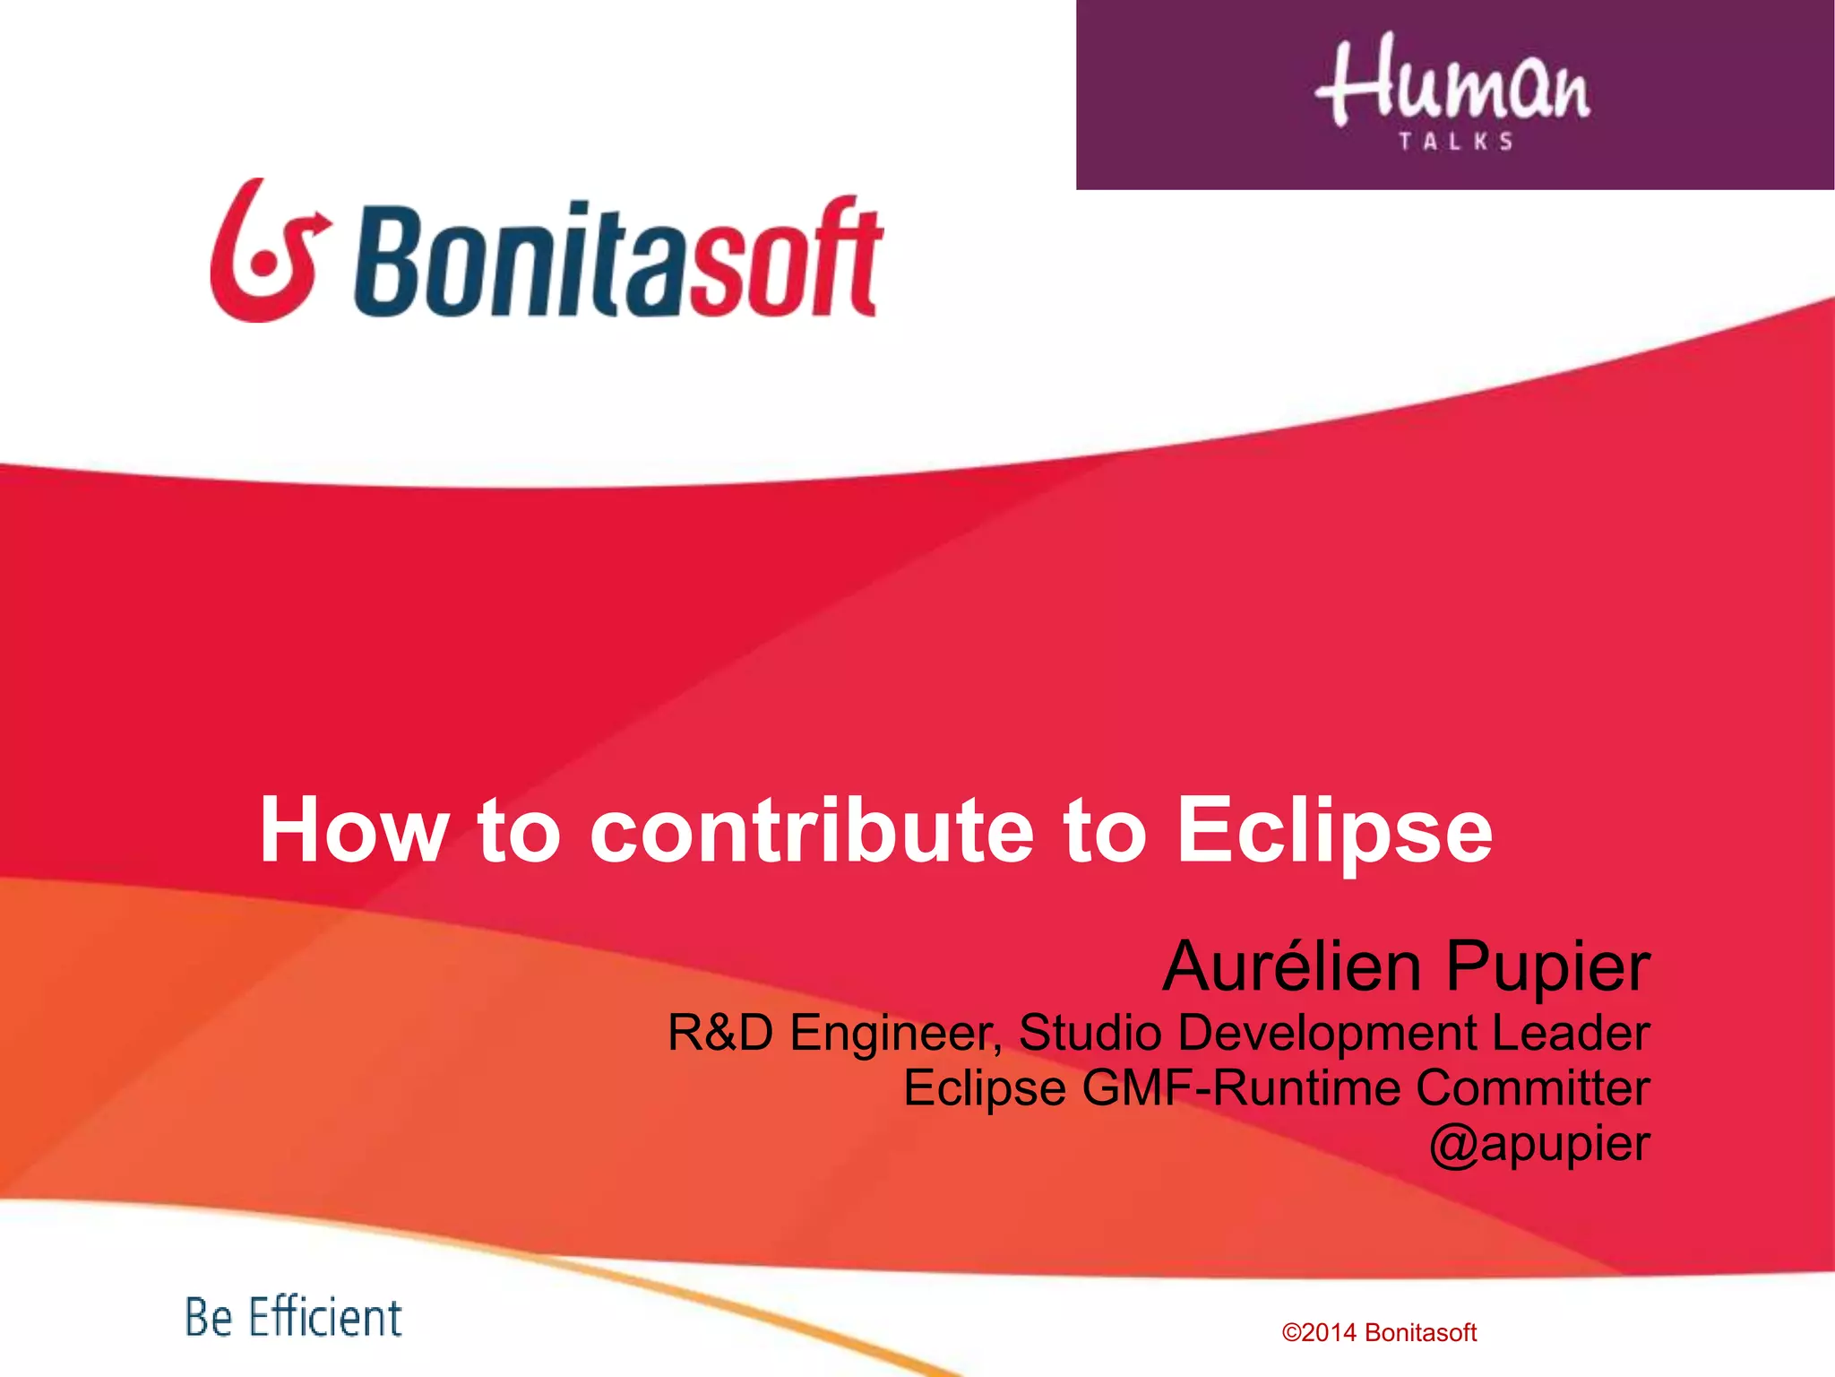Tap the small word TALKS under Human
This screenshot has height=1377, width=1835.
[1456, 142]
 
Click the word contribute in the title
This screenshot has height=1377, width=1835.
[811, 831]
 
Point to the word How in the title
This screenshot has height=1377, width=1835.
[352, 831]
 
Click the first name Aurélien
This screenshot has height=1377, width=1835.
[1291, 966]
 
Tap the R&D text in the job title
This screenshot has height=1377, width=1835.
[719, 1032]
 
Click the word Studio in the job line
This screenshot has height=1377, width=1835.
[1090, 1032]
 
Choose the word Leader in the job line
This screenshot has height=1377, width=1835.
[1570, 1032]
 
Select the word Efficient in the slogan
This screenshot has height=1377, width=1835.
[324, 1318]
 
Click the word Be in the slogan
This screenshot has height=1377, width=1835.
[208, 1318]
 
